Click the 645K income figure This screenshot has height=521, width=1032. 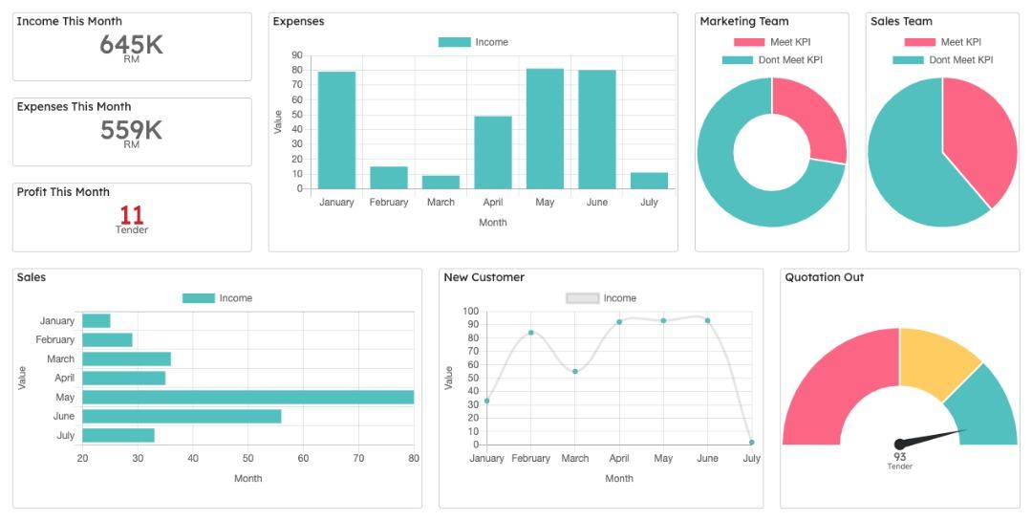(x=132, y=44)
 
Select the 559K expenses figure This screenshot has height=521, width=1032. (x=132, y=130)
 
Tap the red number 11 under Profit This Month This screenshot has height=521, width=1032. (x=132, y=215)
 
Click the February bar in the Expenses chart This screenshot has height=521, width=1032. (x=389, y=178)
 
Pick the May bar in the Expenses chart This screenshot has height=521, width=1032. (x=545, y=129)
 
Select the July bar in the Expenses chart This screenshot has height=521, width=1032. (x=649, y=181)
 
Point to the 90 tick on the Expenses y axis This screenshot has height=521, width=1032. (x=297, y=55)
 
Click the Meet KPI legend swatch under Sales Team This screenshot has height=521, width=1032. (x=919, y=42)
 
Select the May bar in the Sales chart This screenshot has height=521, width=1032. (x=247, y=397)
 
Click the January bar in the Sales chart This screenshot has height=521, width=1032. (x=96, y=321)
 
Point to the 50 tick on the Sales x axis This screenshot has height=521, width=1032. (x=247, y=459)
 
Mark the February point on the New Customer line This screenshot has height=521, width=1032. (x=531, y=333)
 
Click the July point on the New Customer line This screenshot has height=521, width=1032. (x=752, y=443)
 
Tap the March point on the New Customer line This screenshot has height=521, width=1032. (x=575, y=371)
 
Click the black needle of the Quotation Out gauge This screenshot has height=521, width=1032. (x=932, y=438)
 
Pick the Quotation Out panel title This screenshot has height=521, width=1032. (x=824, y=277)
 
